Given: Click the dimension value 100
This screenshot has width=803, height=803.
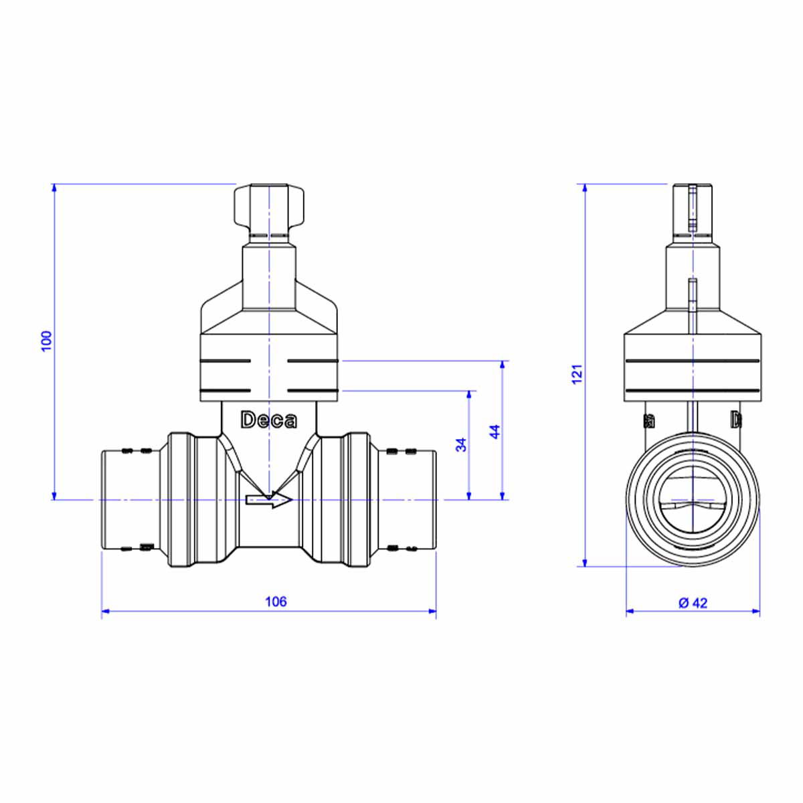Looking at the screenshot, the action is click(x=47, y=341).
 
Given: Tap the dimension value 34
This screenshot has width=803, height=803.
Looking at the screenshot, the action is click(x=461, y=444).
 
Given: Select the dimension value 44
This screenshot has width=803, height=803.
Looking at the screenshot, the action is click(x=495, y=432).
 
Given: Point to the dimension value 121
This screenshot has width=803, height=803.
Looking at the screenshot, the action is click(x=576, y=374).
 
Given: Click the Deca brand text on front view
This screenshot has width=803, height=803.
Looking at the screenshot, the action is click(x=269, y=420).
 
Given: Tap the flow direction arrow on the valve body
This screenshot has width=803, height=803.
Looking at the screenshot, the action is click(x=269, y=499).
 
